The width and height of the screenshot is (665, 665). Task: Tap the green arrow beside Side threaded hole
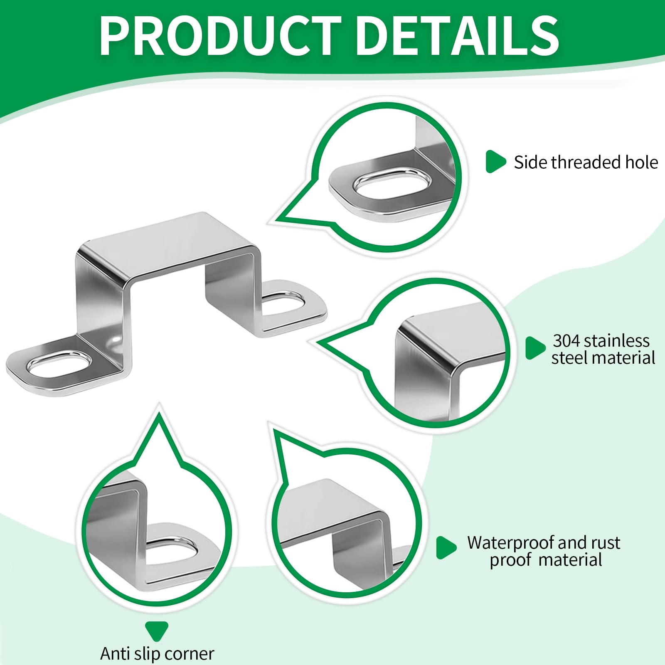pyautogui.click(x=495, y=162)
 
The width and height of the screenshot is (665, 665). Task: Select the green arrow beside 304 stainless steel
pyautogui.click(x=535, y=348)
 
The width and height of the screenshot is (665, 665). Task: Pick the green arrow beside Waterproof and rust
pyautogui.click(x=446, y=548)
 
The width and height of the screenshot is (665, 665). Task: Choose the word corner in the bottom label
pyautogui.click(x=190, y=654)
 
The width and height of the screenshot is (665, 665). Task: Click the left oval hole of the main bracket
pyautogui.click(x=59, y=364)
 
